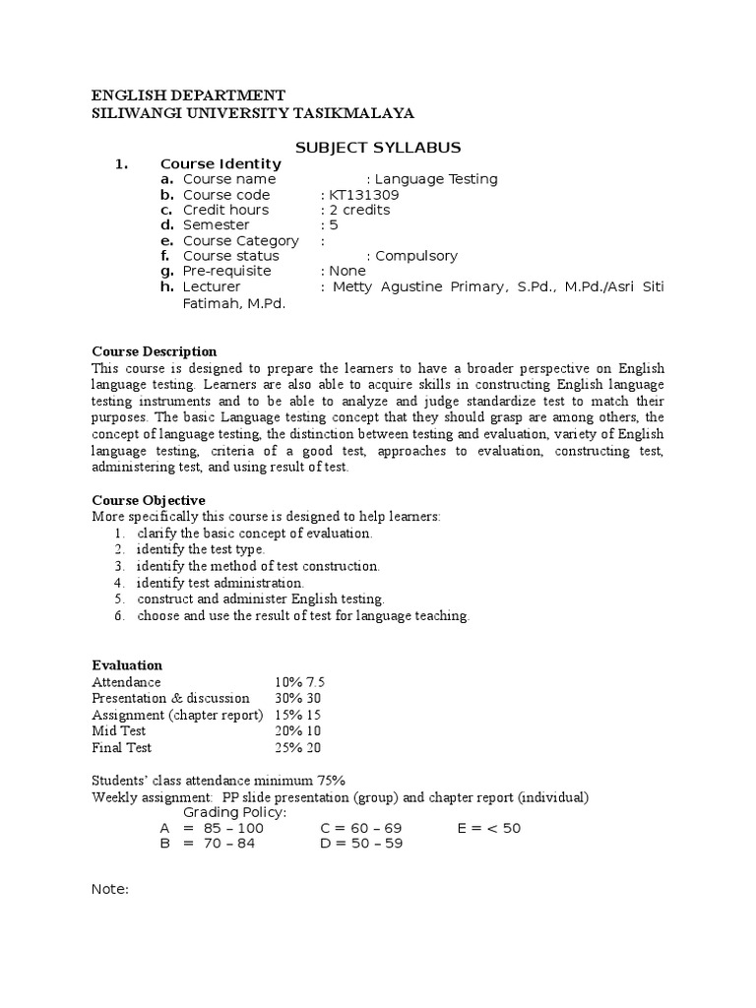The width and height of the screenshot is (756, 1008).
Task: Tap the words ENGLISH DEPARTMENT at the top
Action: (188, 95)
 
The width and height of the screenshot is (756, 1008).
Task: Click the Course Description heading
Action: (155, 351)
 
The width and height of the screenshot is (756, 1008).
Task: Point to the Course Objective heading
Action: (149, 500)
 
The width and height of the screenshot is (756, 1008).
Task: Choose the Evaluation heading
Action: (127, 665)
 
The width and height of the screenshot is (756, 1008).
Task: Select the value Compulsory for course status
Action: (416, 256)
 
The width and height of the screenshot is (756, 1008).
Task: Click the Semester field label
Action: (216, 225)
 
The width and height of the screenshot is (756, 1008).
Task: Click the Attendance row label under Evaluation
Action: (126, 682)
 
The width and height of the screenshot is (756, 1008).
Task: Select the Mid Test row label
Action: (119, 730)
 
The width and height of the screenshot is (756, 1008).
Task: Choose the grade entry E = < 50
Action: (489, 828)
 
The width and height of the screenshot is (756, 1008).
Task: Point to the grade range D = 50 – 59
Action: (361, 844)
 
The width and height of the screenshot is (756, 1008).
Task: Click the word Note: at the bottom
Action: (110, 889)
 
